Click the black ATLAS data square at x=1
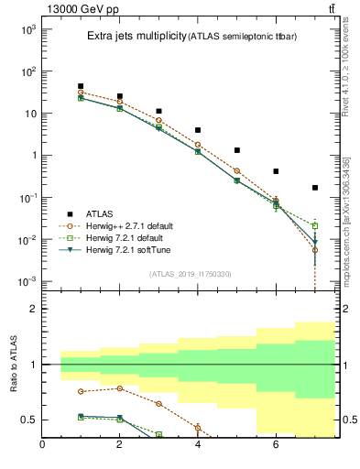(81, 86)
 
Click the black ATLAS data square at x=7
(315, 188)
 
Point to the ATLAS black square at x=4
(198, 130)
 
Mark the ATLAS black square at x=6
(276, 171)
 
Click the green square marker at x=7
(315, 225)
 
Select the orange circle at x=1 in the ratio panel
(81, 391)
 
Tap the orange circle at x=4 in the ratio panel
(198, 427)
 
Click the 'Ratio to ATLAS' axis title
(13, 365)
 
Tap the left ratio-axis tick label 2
(32, 309)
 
